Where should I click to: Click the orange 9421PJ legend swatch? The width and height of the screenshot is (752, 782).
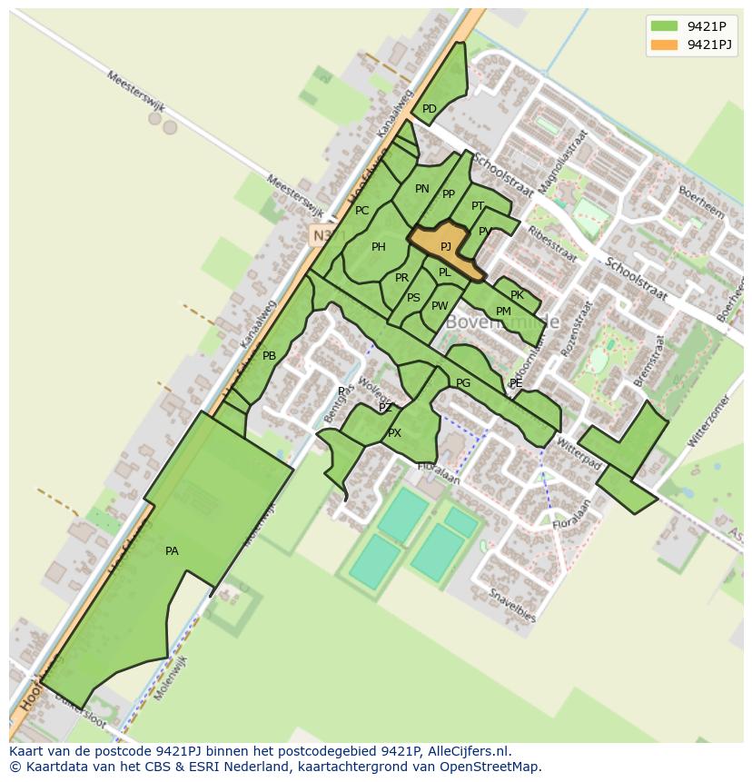pyautogui.click(x=664, y=45)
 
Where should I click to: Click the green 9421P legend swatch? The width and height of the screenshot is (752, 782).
pyautogui.click(x=664, y=25)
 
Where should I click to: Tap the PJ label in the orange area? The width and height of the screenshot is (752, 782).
pyautogui.click(x=446, y=246)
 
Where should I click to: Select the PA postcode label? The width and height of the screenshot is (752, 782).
pyautogui.click(x=172, y=551)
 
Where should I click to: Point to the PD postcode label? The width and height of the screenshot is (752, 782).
pyautogui.click(x=430, y=109)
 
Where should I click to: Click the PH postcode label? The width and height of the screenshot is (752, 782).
pyautogui.click(x=379, y=247)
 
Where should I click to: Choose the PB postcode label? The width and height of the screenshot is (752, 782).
pyautogui.click(x=269, y=356)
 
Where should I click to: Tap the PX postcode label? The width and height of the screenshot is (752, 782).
pyautogui.click(x=394, y=433)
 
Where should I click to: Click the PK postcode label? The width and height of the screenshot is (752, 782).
pyautogui.click(x=517, y=295)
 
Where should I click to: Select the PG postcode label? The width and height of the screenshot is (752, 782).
pyautogui.click(x=463, y=383)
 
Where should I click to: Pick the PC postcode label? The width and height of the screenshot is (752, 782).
pyautogui.click(x=362, y=211)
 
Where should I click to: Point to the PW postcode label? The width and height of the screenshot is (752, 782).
pyautogui.click(x=440, y=306)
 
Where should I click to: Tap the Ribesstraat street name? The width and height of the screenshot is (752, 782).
pyautogui.click(x=552, y=243)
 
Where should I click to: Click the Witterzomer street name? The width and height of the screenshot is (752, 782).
pyautogui.click(x=709, y=421)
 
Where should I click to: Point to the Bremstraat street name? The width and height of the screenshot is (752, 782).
pyautogui.click(x=650, y=361)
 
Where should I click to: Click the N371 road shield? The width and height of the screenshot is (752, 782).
pyautogui.click(x=321, y=235)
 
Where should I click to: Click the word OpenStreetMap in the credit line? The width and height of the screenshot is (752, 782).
pyautogui.click(x=491, y=767)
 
